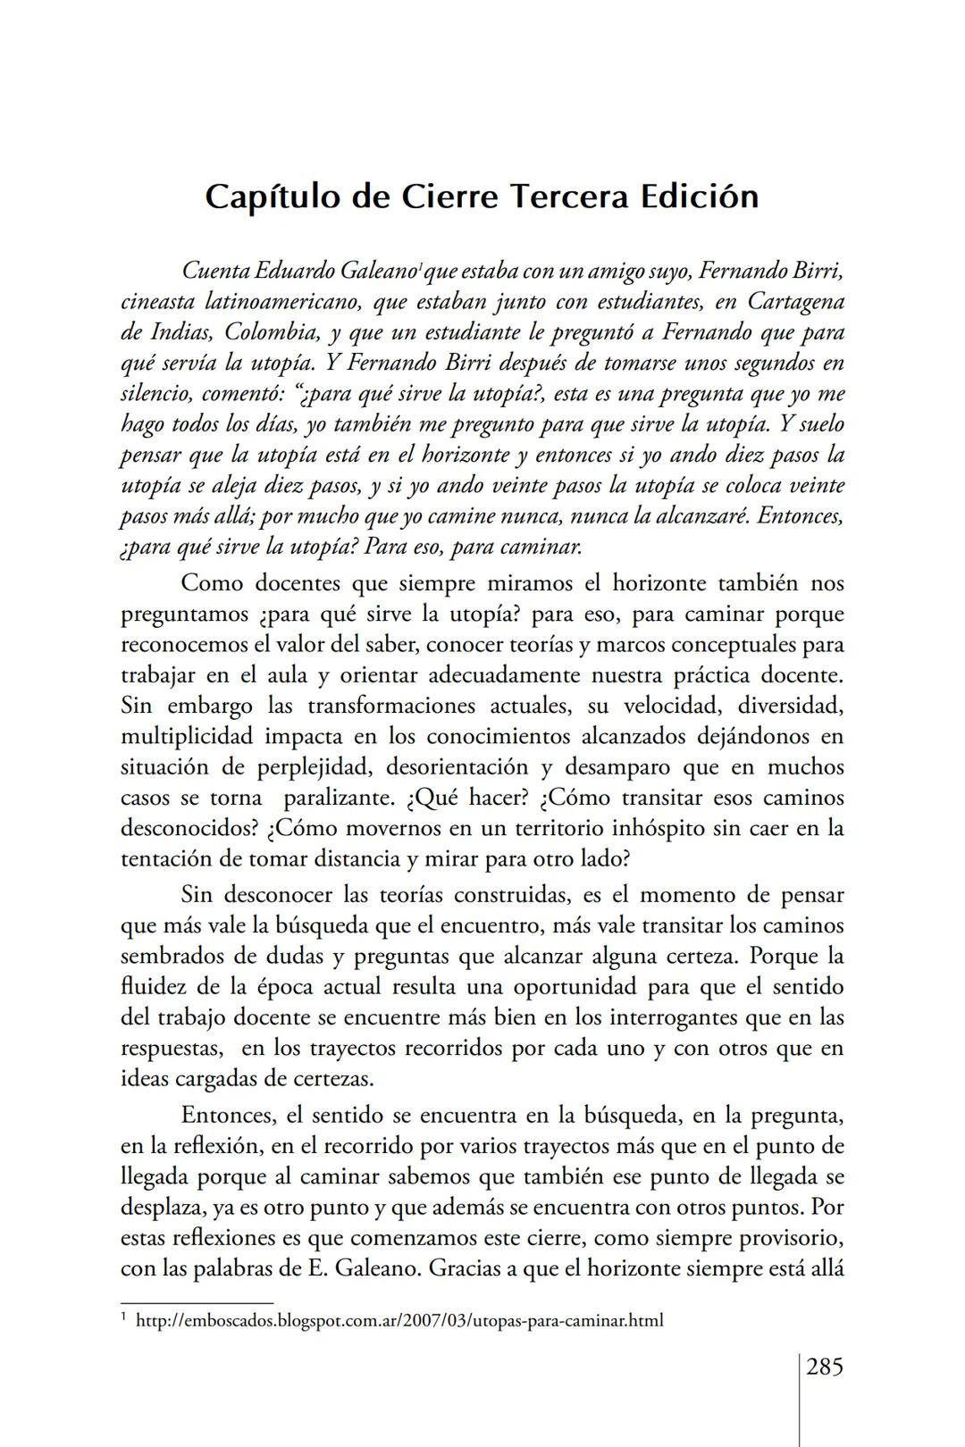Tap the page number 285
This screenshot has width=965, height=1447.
825,1367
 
